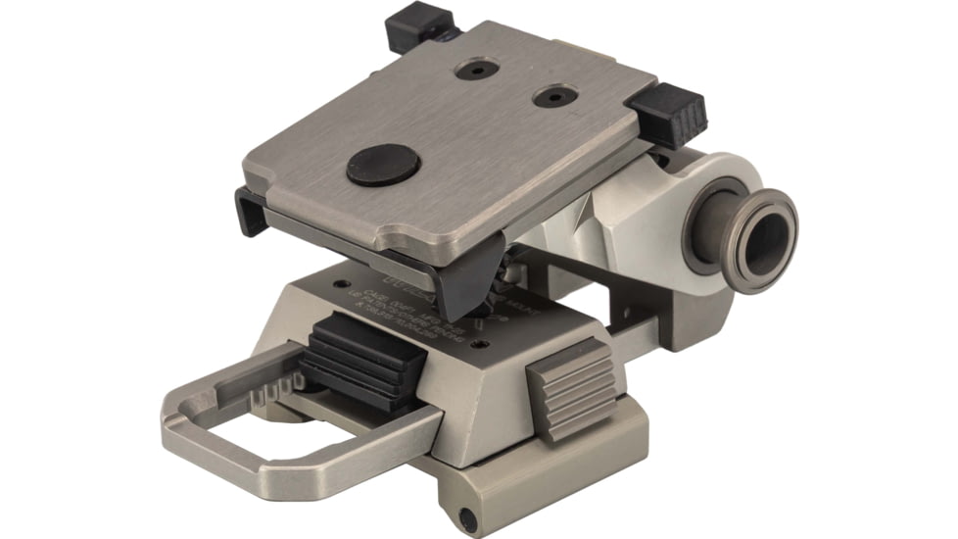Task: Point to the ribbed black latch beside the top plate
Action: tap(669, 108)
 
